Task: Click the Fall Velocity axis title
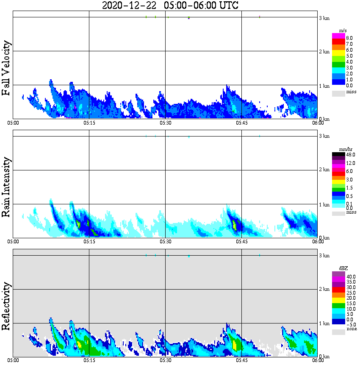pos(6,68)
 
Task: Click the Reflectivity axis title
pos(6,306)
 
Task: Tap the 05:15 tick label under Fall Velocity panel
pos(89,123)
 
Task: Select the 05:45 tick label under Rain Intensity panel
pos(241,242)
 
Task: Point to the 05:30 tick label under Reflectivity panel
pos(165,360)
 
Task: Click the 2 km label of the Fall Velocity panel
pos(324,52)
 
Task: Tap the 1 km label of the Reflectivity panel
pos(324,323)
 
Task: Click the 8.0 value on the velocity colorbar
pos(349,38)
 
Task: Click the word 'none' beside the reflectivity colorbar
pos(351,329)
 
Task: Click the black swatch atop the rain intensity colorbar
pos(338,155)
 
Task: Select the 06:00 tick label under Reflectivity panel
pos(318,360)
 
